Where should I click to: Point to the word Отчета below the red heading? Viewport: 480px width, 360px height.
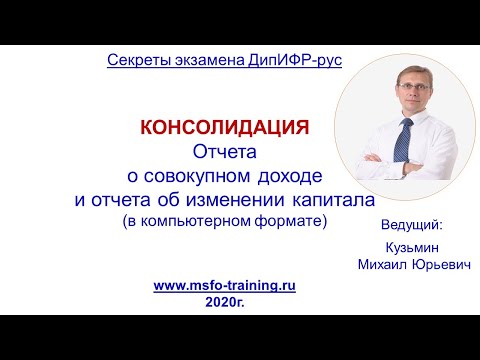(x=224, y=152)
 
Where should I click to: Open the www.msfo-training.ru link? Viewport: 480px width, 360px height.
(x=224, y=285)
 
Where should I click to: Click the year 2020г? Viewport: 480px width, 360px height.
(x=224, y=301)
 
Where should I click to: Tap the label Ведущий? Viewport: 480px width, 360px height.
(x=411, y=224)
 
